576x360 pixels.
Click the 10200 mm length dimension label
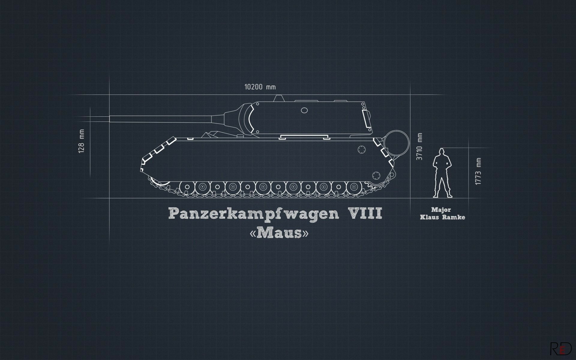pyautogui.click(x=260, y=87)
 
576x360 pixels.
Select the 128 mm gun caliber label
pyautogui.click(x=81, y=141)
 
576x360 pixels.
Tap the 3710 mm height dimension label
pyautogui.click(x=419, y=146)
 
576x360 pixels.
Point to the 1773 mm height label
pyautogui.click(x=478, y=171)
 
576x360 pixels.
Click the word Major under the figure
pyautogui.click(x=441, y=210)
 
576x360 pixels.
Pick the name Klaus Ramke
pyautogui.click(x=442, y=217)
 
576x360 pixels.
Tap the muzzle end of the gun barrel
pyautogui.click(x=111, y=119)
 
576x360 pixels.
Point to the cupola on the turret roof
pyautogui.click(x=279, y=98)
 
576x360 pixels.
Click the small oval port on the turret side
pyautogui.click(x=304, y=111)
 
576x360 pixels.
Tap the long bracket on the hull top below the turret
pyautogui.click(x=303, y=137)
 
